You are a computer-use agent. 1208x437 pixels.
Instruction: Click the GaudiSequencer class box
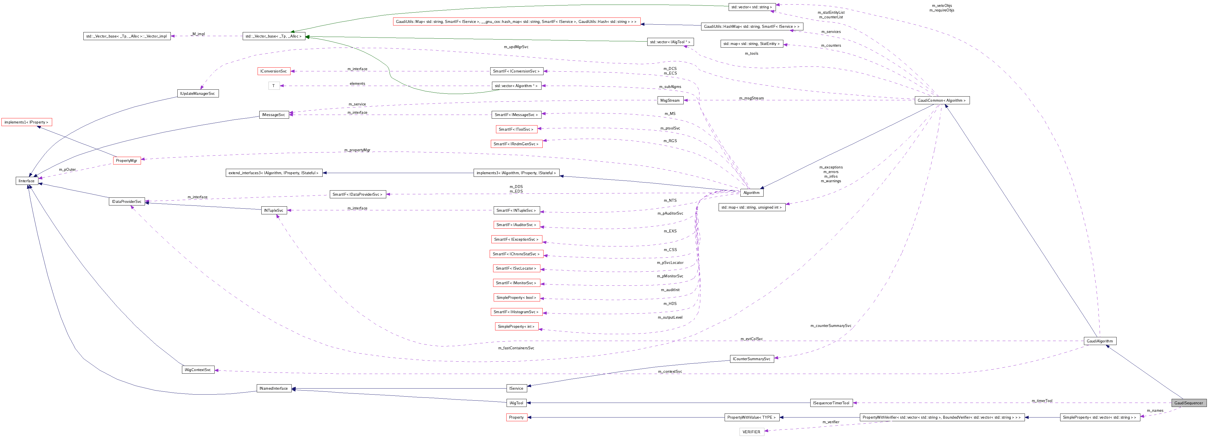click(1188, 403)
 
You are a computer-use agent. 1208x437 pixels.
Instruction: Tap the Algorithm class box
click(751, 193)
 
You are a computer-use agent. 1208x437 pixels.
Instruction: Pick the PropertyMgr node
click(127, 160)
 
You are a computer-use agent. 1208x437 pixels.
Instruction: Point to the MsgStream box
click(670, 100)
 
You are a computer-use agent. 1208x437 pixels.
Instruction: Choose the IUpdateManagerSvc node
click(198, 93)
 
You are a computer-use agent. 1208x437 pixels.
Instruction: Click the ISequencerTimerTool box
click(831, 403)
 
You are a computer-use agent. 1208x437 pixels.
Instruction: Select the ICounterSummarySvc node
click(752, 359)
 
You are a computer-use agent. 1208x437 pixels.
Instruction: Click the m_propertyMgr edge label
click(357, 150)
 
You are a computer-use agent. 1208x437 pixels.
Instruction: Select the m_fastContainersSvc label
click(516, 348)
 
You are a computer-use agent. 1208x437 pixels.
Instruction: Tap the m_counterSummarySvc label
click(830, 326)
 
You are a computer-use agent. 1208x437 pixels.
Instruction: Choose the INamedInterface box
click(274, 388)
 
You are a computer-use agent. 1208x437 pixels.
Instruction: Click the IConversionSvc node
click(274, 71)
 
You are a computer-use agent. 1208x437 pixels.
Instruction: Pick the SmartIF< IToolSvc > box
click(516, 129)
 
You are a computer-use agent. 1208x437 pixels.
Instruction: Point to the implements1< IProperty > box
click(26, 122)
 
